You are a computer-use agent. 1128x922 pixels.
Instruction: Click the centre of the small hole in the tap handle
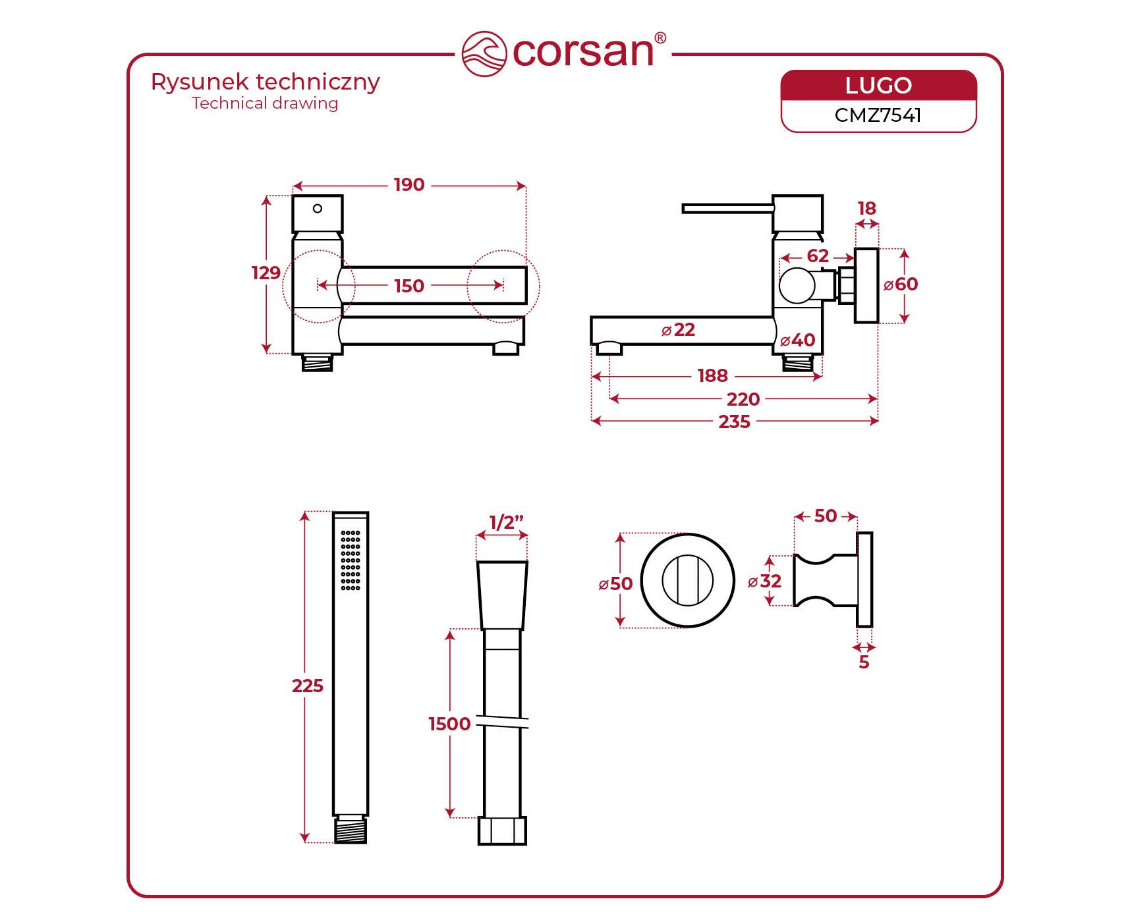tap(318, 209)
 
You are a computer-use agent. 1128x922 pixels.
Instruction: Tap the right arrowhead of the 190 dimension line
tap(521, 186)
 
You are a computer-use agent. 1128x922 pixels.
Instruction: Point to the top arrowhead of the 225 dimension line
tap(304, 516)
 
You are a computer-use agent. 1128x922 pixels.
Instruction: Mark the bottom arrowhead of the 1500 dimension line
tap(450, 813)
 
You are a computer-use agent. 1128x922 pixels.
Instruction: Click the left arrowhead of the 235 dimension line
tap(596, 420)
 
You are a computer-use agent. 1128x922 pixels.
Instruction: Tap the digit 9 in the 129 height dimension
tap(275, 273)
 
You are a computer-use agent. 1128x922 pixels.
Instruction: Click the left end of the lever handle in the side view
tap(683, 208)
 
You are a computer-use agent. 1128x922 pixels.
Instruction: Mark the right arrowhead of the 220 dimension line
tap(873, 398)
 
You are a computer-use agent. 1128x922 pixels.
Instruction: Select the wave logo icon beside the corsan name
tap(484, 54)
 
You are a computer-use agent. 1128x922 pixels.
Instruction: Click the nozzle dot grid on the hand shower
tap(351, 560)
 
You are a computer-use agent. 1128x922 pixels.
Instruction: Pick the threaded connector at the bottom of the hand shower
tap(351, 830)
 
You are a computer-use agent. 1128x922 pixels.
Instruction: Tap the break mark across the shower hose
tap(502, 722)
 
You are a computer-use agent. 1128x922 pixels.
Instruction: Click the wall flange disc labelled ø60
tap(866, 285)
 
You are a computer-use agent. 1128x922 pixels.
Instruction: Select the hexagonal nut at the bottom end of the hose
tap(502, 830)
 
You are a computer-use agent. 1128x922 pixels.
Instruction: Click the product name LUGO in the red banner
tap(878, 86)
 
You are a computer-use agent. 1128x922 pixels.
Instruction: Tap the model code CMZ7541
tap(878, 115)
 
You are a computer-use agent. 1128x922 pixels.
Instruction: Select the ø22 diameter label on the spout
tap(678, 329)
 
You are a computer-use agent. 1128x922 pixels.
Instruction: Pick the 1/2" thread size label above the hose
tap(506, 522)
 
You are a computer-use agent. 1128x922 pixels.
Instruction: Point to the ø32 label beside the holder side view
tap(764, 581)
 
